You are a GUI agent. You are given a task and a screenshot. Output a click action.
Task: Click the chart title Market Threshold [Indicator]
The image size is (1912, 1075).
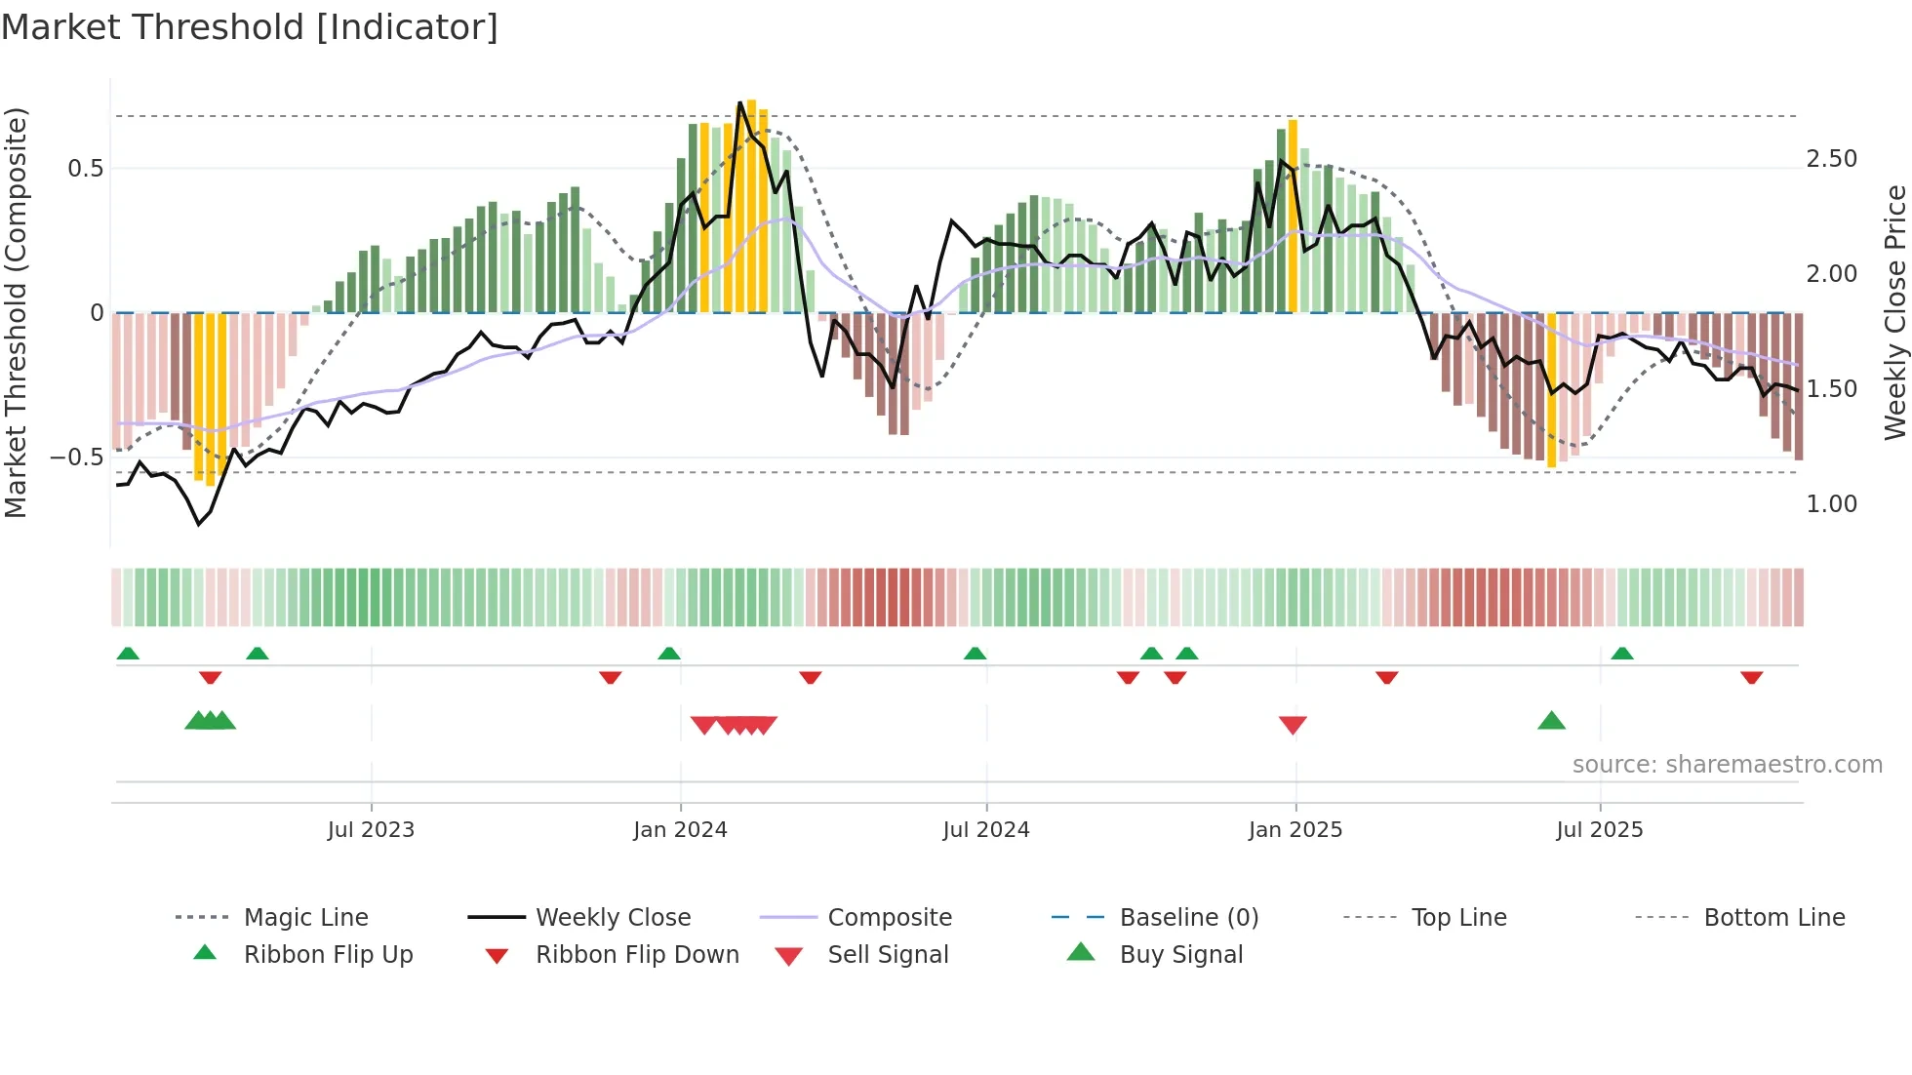click(250, 27)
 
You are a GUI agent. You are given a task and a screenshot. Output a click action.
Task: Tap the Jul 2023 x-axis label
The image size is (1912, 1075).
click(371, 830)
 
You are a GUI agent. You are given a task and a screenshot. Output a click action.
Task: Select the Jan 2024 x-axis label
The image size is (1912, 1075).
click(680, 830)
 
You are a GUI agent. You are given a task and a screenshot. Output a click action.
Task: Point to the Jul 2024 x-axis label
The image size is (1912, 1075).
click(986, 830)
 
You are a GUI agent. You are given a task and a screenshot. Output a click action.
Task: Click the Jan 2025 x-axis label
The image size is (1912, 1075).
click(1295, 830)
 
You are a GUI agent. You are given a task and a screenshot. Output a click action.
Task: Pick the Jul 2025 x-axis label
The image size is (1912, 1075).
click(1600, 830)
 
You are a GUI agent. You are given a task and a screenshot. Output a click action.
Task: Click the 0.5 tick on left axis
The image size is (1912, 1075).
click(86, 169)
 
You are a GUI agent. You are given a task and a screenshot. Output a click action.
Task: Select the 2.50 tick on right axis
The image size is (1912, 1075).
click(1831, 159)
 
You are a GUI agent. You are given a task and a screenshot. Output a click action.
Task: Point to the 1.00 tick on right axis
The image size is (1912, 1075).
click(1831, 504)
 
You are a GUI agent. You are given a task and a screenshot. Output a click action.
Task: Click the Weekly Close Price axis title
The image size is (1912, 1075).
click(1894, 312)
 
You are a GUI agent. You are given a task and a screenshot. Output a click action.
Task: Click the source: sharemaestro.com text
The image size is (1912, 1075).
click(1727, 765)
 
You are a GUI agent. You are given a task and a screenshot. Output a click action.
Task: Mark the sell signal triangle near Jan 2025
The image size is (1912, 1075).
click(1293, 725)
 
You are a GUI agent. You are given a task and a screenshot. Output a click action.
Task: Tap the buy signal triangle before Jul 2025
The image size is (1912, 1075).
click(1551, 721)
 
